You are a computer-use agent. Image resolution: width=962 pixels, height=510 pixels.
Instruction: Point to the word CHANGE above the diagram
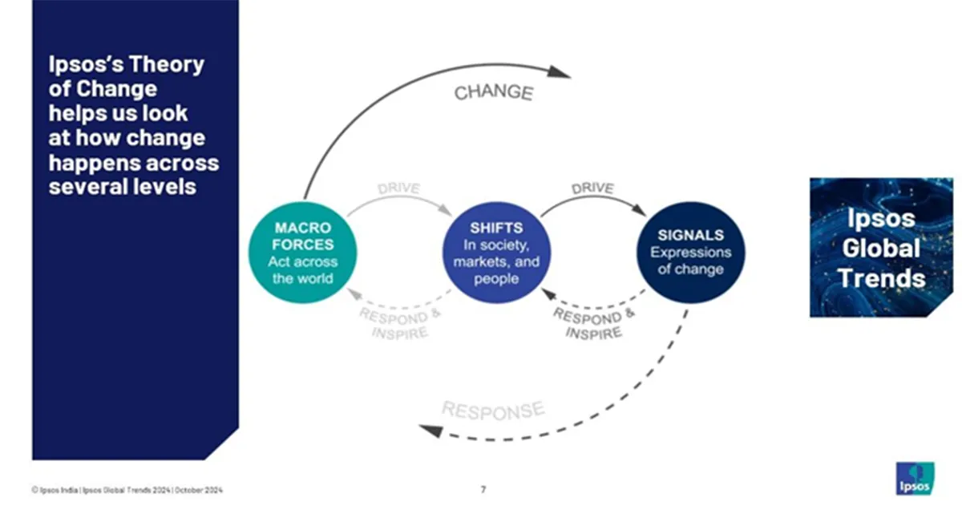(493, 92)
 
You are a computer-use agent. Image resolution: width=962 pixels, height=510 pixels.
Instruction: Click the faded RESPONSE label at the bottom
(492, 411)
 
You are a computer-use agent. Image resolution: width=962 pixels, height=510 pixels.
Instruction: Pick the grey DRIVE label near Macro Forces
(399, 190)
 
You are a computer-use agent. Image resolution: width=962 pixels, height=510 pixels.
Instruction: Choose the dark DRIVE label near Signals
(592, 189)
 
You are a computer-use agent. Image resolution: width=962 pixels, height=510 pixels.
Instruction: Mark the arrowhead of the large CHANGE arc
(561, 74)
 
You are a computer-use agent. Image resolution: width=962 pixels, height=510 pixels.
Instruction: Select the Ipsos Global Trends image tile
(881, 247)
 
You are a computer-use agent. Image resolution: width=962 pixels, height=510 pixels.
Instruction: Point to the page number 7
(483, 488)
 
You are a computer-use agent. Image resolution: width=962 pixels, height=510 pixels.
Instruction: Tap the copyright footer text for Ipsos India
(127, 489)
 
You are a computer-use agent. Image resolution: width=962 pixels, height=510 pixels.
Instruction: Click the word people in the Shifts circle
(496, 278)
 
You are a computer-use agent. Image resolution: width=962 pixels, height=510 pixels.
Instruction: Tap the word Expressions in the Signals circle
(690, 253)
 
